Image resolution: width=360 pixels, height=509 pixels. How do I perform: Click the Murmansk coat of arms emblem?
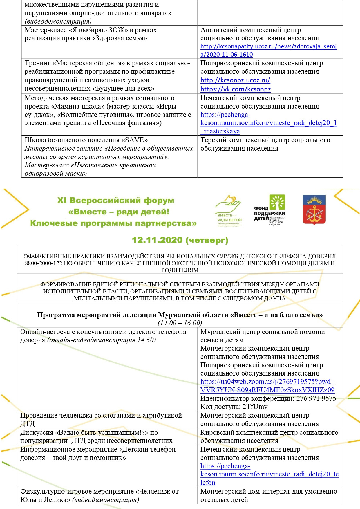314,210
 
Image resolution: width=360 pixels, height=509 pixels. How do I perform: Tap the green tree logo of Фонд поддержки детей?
278,202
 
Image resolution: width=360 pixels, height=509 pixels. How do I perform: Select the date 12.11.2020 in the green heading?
157,240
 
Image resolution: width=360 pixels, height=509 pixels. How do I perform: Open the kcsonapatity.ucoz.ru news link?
268,50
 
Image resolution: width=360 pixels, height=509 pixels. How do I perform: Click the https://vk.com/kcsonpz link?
235,89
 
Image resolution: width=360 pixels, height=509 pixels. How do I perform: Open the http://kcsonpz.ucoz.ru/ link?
235,80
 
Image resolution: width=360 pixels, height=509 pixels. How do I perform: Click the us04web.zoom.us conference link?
267,386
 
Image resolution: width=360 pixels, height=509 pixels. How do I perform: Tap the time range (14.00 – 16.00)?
180,323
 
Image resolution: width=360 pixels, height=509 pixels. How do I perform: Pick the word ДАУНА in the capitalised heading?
274,298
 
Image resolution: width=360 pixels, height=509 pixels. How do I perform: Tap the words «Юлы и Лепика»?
45,500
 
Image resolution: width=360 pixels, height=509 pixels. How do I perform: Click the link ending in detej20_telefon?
269,474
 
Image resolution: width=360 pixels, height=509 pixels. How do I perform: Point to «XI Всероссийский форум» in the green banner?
115,201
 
